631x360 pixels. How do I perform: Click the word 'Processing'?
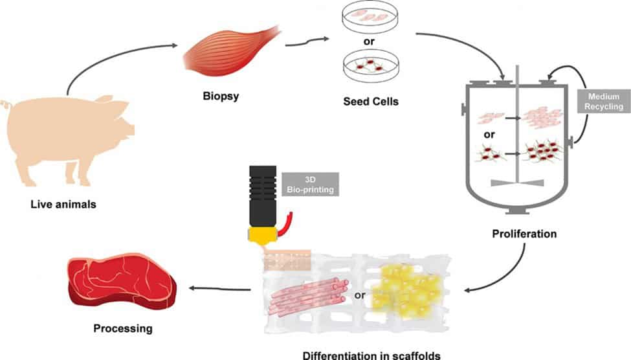[x=122, y=328]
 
